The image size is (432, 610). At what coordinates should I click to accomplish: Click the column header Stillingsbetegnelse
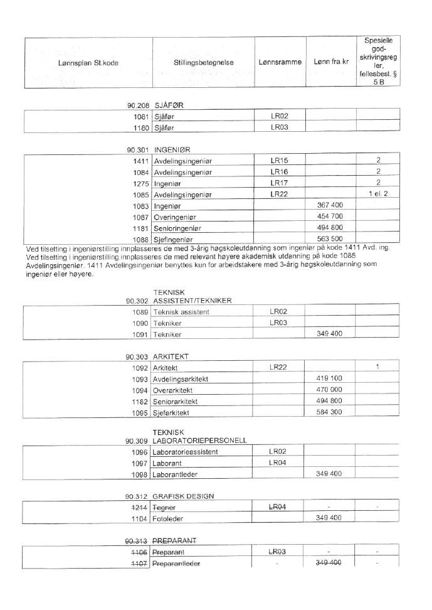[203, 63]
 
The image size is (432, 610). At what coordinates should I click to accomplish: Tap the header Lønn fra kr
[330, 63]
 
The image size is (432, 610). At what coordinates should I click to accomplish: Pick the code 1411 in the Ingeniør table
[140, 161]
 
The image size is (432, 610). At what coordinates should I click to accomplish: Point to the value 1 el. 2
[378, 194]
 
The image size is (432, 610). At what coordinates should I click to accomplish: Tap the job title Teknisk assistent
[181, 312]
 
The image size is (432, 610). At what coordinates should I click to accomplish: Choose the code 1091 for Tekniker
[140, 334]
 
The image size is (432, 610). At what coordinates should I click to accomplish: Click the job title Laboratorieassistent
[186, 451]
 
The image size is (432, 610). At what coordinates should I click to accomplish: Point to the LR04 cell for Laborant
[278, 462]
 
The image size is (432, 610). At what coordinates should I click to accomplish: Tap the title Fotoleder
[169, 518]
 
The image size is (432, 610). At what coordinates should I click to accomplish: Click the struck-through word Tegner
[165, 507]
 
